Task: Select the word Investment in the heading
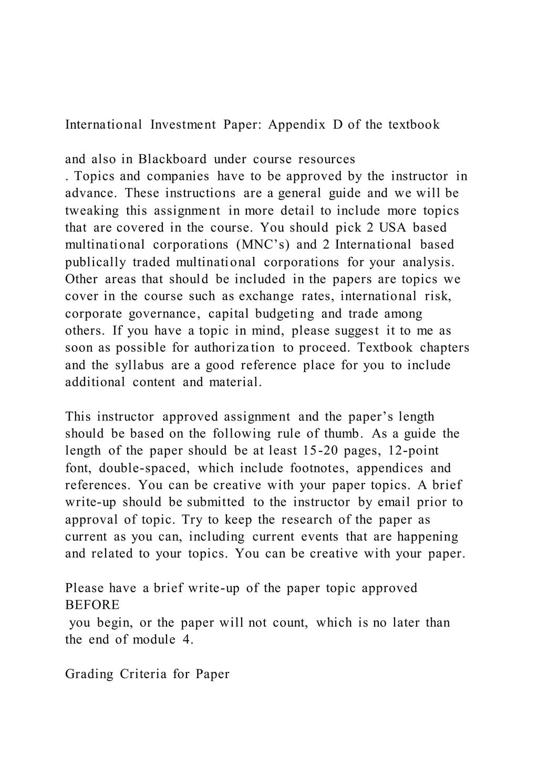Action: [x=183, y=125]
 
